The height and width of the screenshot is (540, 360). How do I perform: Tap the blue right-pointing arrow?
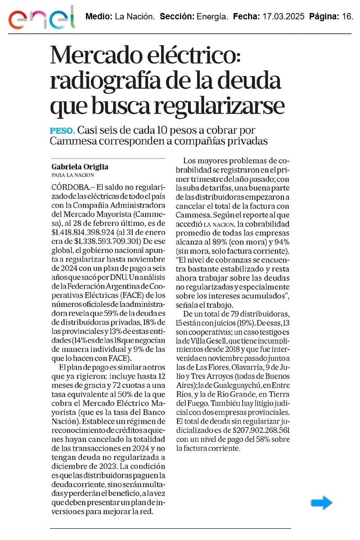coord(321,503)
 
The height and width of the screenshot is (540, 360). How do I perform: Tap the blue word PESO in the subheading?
coord(62,131)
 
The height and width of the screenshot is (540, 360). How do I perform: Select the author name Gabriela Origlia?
coord(80,167)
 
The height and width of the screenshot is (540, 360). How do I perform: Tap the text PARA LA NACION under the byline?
coord(73,175)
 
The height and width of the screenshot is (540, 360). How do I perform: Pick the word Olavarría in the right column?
coord(242,367)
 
